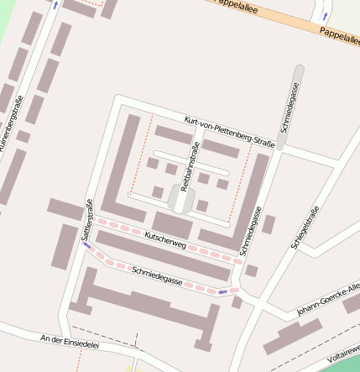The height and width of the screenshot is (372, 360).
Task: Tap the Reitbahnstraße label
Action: pos(191,165)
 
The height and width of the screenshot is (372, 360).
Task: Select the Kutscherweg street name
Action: pos(164,238)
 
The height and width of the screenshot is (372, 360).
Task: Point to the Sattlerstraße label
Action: pos(86,220)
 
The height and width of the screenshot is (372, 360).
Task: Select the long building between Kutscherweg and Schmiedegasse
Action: pos(163,256)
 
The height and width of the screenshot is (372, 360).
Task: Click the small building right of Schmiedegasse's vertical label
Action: pos(269,224)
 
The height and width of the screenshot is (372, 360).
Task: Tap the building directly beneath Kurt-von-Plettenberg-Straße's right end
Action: pos(221,149)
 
